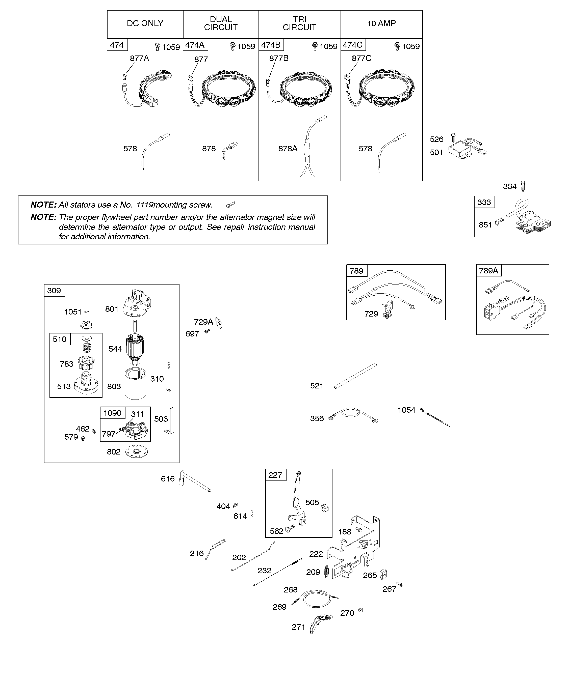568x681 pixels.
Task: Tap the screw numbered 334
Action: click(523, 186)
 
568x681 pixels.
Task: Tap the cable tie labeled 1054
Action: click(435, 418)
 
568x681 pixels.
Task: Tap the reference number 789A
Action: click(488, 270)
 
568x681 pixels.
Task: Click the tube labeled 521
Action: click(355, 376)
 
